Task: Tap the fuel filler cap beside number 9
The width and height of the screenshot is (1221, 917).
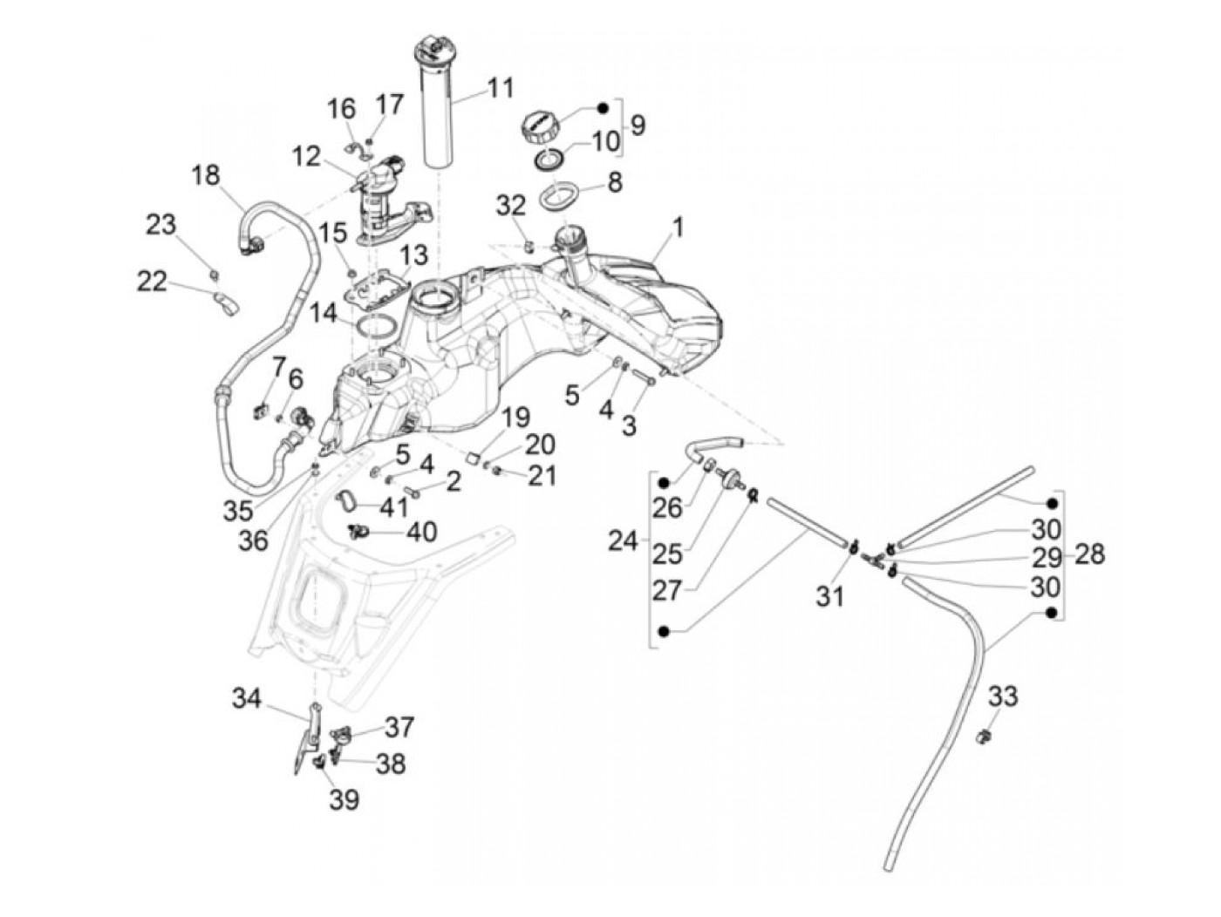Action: [539, 128]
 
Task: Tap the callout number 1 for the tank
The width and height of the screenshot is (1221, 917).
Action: [678, 228]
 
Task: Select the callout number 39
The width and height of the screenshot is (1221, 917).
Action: [344, 799]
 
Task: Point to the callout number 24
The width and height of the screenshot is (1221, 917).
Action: [623, 540]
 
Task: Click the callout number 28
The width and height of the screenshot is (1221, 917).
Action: [1089, 554]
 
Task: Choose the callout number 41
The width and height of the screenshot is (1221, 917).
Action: [394, 506]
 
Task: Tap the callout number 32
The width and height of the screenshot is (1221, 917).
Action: [511, 206]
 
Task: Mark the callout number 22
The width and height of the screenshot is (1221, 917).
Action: [152, 282]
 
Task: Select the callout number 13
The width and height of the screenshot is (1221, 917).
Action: [413, 255]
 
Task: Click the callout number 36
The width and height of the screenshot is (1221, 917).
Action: [253, 539]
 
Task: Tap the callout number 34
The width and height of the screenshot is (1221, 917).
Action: [247, 698]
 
